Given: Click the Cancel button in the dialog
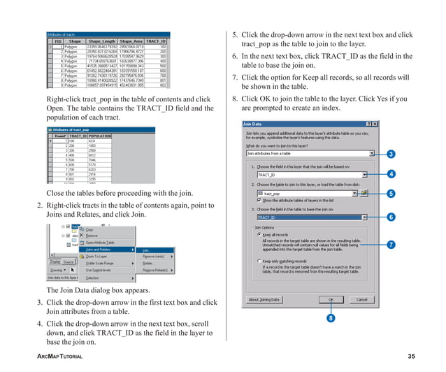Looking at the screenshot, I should pyautogui.click(x=361, y=299).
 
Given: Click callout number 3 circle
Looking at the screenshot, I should pyautogui.click(x=391, y=154).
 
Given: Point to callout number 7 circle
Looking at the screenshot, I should pyautogui.click(x=391, y=245).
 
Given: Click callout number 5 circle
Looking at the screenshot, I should pyautogui.click(x=391, y=193).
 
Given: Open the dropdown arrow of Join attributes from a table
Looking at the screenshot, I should pyautogui.click(x=372, y=153).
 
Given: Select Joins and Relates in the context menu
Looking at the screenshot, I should pyautogui.click(x=105, y=248).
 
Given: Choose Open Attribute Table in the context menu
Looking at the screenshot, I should pyautogui.click(x=101, y=242).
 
